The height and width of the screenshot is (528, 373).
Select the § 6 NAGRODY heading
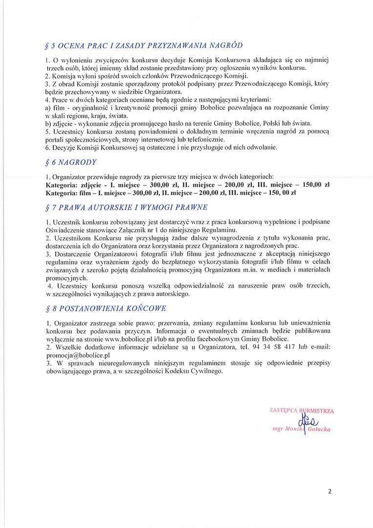[70, 162]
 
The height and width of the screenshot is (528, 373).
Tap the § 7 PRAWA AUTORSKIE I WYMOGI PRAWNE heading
[126, 207]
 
